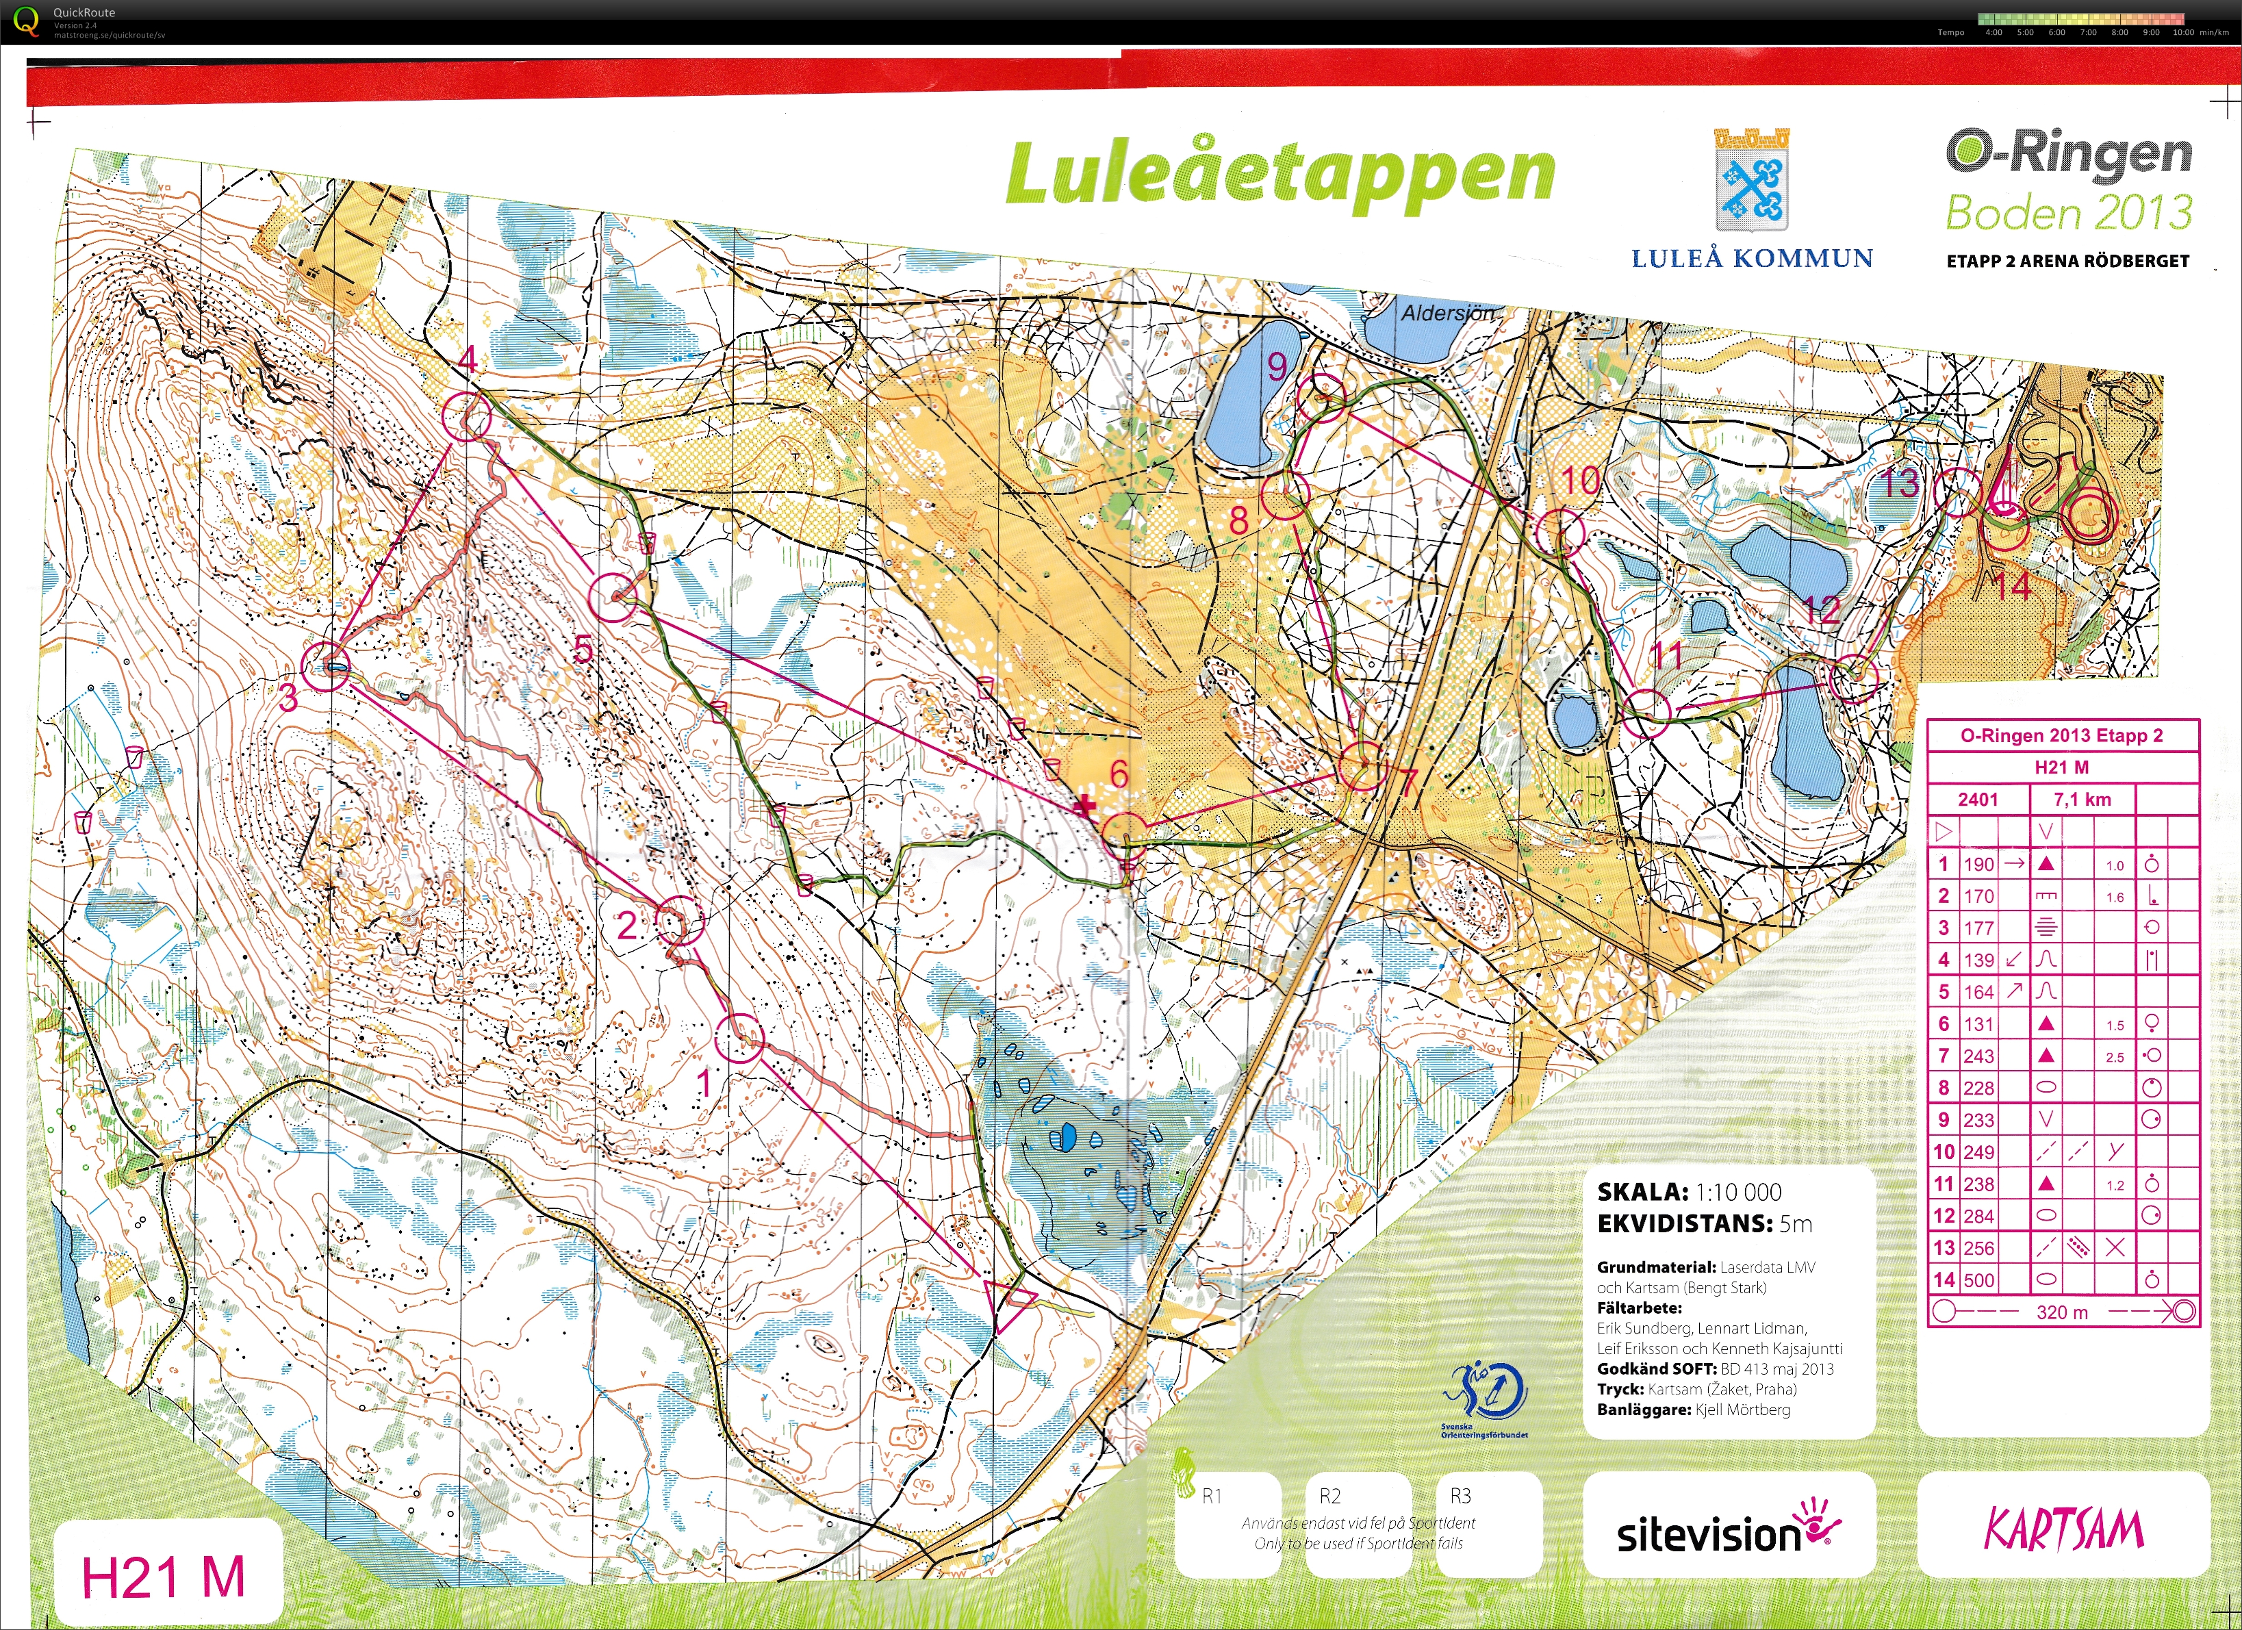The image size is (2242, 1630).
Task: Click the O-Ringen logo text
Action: coord(2069,154)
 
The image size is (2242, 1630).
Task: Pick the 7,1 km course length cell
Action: coord(2082,800)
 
